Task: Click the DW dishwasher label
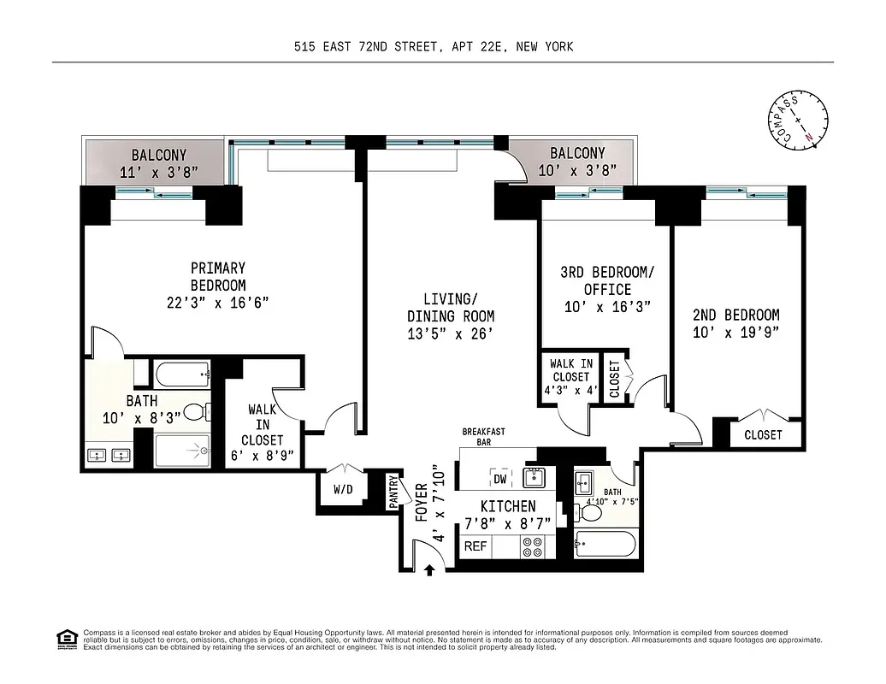(499, 480)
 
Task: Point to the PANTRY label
(393, 493)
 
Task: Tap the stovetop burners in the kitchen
(532, 546)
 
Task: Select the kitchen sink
(535, 475)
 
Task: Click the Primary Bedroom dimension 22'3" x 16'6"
(217, 302)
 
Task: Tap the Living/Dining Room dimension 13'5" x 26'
(450, 333)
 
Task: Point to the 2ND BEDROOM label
(735, 315)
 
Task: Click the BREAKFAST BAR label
(483, 437)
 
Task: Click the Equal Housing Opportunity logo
(65, 638)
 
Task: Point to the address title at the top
(432, 47)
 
